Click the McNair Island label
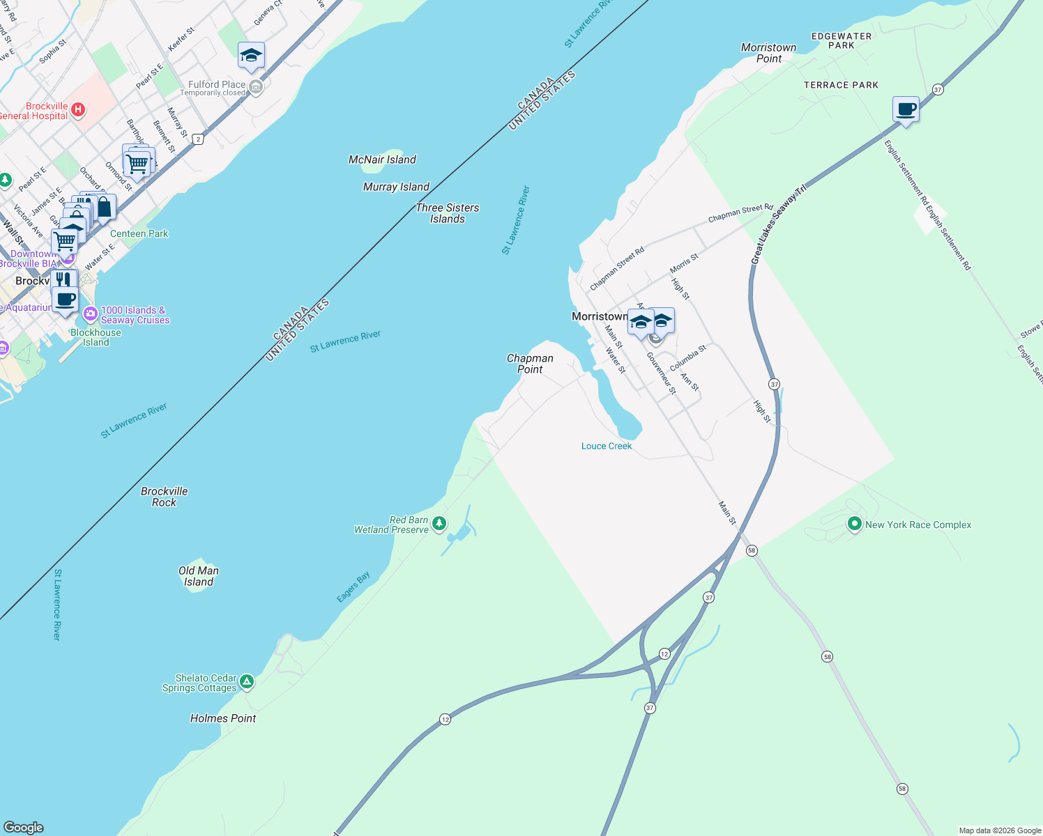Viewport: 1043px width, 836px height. tap(382, 160)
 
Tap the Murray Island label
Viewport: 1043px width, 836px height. tap(396, 187)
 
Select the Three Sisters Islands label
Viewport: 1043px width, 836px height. tap(447, 213)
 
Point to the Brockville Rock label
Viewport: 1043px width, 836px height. tap(164, 497)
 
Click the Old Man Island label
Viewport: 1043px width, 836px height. tap(199, 576)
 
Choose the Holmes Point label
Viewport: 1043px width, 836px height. tap(223, 718)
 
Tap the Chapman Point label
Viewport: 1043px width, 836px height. tap(530, 364)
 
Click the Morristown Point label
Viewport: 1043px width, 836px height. tap(768, 53)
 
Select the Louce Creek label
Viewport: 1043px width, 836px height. tap(607, 446)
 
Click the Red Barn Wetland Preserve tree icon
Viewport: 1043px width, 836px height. tap(439, 523)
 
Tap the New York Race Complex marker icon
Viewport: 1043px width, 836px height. tap(855, 523)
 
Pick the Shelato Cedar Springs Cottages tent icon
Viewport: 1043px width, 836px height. tap(247, 681)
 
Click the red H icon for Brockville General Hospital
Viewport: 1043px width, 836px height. tap(78, 109)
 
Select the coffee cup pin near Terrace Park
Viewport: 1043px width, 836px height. tap(906, 109)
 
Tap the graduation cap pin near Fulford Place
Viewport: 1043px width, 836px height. tap(251, 56)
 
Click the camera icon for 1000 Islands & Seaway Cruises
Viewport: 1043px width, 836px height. tap(90, 313)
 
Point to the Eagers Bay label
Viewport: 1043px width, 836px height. tap(353, 587)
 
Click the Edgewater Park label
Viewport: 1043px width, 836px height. tap(842, 40)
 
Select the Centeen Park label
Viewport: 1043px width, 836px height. tap(139, 233)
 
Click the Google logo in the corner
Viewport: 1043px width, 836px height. tap(24, 828)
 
